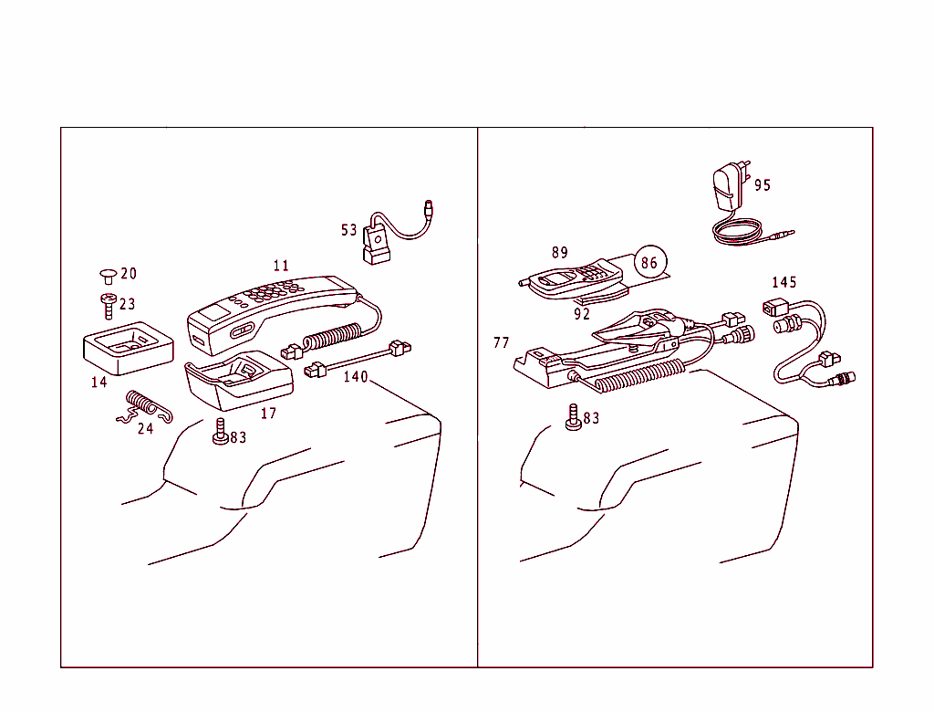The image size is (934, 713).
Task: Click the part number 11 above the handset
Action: (x=281, y=266)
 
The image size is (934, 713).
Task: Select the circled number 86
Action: (x=649, y=263)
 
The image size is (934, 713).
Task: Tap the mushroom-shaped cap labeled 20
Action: (x=107, y=274)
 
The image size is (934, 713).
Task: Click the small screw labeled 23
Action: (x=107, y=303)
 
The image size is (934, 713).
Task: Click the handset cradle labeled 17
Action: (x=239, y=381)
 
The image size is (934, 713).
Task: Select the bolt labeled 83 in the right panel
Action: (x=573, y=416)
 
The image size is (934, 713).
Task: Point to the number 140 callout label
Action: (x=356, y=376)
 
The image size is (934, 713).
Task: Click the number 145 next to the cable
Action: (x=784, y=282)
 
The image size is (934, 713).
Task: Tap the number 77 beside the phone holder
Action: (x=501, y=343)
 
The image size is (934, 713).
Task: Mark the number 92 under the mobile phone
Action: (x=582, y=314)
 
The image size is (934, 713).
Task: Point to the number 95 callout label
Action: (x=763, y=185)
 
